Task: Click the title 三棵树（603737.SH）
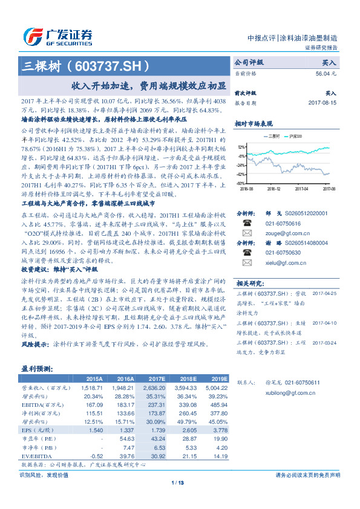pos(85,66)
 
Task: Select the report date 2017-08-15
pos(322,103)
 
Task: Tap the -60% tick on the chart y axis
pos(241,183)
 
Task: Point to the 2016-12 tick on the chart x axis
pos(274,188)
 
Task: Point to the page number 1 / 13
pos(177,482)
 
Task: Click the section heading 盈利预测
pos(37,368)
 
